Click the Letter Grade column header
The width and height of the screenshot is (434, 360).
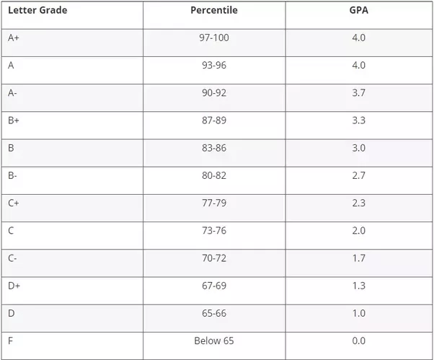click(37, 10)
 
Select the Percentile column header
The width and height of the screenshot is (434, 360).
click(213, 10)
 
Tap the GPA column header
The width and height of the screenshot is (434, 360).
click(358, 10)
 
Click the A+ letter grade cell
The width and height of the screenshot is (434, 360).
click(14, 38)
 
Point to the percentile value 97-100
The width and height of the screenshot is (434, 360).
click(214, 38)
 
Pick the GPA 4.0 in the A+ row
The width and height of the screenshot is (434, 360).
click(358, 38)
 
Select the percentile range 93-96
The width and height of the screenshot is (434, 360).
click(214, 65)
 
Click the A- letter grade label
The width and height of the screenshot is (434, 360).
click(13, 93)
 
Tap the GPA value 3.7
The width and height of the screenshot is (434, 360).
click(358, 93)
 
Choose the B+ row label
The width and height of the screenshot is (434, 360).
click(14, 120)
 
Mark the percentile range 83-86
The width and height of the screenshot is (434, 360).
click(214, 148)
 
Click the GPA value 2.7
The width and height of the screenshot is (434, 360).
click(358, 175)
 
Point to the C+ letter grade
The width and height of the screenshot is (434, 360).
click(14, 203)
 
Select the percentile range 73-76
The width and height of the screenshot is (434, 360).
click(214, 231)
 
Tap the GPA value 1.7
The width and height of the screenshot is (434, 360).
click(358, 258)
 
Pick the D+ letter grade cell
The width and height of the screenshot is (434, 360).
click(14, 286)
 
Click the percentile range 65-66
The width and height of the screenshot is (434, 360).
click(214, 313)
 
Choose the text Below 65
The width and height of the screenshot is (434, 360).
click(214, 341)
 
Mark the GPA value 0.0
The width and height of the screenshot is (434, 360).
click(358, 341)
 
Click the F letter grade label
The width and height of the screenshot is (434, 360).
click(11, 341)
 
